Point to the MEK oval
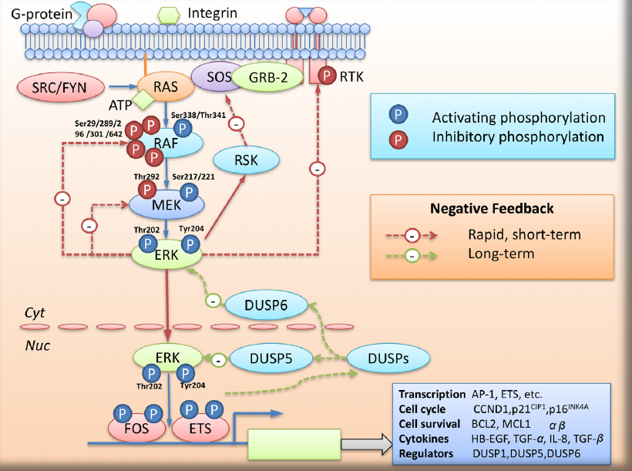tap(166, 204)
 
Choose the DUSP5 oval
tap(269, 358)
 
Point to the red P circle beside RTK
tap(328, 76)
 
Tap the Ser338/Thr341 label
tap(199, 115)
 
